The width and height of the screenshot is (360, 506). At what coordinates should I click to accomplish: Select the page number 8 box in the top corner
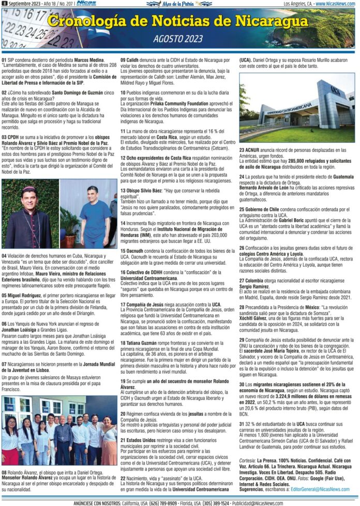pos(4,4)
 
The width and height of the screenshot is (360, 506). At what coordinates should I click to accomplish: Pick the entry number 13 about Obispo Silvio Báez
pos(124,190)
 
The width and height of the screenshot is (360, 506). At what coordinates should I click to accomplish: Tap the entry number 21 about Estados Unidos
pos(124,425)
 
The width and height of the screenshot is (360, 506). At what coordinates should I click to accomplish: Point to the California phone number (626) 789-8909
pos(147,502)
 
